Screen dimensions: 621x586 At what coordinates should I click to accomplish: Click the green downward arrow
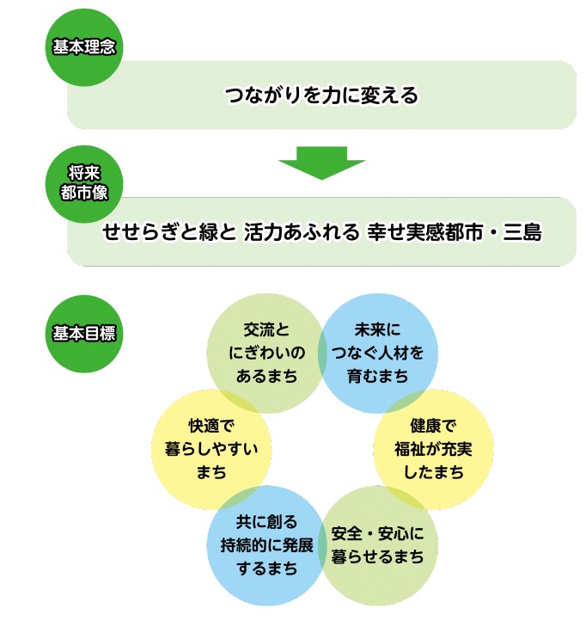pyautogui.click(x=321, y=162)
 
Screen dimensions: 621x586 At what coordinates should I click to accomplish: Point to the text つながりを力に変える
pyautogui.click(x=321, y=95)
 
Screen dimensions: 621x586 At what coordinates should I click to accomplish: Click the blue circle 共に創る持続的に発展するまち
pyautogui.click(x=265, y=544)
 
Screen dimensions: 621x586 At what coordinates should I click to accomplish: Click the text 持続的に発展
pyautogui.click(x=266, y=544)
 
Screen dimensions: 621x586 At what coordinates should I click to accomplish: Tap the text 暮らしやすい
pyautogui.click(x=211, y=448)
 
